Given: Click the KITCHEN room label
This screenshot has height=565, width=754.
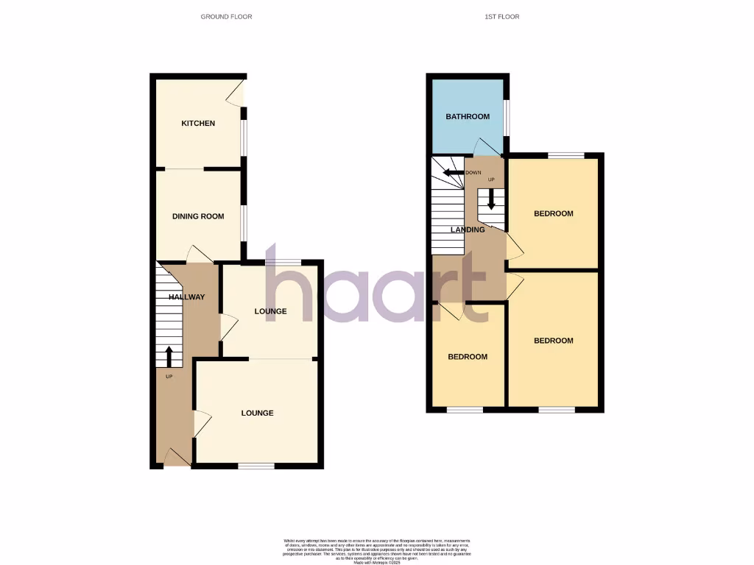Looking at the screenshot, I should pos(198,124).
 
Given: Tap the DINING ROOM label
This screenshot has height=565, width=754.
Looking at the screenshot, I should pos(198,216).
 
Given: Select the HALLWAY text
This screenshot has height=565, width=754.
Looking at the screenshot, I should pos(186,297).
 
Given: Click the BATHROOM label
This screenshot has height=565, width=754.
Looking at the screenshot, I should pos(468,117).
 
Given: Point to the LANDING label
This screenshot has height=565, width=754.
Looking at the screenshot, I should pos(468,230).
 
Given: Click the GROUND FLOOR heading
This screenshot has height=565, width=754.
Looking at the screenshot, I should pos(226,16).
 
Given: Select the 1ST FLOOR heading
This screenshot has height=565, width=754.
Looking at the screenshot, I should pos(503,16).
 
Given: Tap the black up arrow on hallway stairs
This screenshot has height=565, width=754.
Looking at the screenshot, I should pos(169,357).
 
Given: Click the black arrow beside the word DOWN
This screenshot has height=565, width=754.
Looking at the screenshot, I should pos(450,173).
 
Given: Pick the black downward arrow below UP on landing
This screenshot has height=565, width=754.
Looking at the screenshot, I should pos(491,199).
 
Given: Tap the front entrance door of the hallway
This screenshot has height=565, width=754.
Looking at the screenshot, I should pos(176,457).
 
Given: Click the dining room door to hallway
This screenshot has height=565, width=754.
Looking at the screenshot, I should pos(200,254).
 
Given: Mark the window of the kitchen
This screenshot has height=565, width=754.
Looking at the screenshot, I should pos(244,138).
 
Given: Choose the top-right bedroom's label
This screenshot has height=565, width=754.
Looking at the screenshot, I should pos(553,214).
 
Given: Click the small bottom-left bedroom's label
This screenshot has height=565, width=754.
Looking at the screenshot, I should pos(468,357).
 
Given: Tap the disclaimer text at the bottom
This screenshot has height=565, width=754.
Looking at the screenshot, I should pos(376,551).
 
